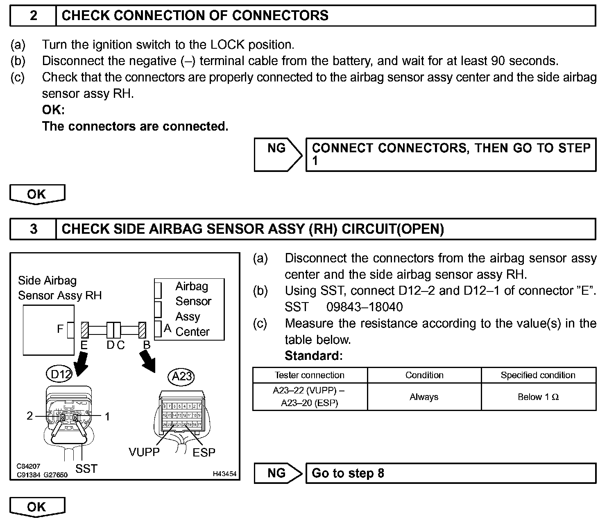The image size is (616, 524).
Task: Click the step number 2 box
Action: point(33,16)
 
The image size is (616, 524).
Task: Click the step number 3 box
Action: point(33,228)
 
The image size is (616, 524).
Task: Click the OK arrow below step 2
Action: point(37,194)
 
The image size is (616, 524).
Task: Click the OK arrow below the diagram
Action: point(37,507)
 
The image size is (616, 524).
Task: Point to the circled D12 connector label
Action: point(59,374)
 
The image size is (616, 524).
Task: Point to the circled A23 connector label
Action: point(181,376)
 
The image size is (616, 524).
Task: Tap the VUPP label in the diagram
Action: point(144,452)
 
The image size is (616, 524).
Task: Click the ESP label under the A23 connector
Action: point(204,452)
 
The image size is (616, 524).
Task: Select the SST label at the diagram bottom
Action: point(86,468)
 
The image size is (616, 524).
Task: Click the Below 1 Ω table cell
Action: point(538,397)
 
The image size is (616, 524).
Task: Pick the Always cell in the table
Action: point(424,397)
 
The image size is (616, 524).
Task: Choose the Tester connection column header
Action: point(310,375)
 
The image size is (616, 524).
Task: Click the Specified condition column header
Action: point(538,375)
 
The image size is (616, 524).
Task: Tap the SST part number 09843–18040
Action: point(365,307)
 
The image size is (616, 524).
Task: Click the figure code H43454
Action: point(224,474)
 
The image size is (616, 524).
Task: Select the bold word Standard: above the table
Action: point(313,355)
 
